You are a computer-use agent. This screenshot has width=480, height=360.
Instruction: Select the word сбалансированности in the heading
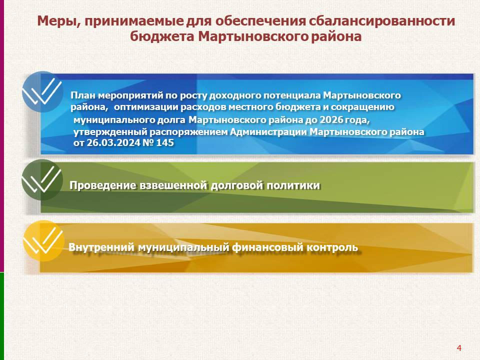point(381,21)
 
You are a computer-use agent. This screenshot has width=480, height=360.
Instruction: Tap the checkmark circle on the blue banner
point(42,91)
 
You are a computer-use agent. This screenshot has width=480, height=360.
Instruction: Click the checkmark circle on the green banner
point(42,179)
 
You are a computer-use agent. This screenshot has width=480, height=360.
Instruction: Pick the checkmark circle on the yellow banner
point(44,240)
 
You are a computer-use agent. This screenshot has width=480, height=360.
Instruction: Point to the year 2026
point(331,119)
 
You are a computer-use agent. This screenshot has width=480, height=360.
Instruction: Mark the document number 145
point(165,142)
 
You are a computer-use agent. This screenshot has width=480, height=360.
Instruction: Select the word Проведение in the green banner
point(103,185)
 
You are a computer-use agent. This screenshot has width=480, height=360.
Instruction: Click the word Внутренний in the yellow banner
point(101,247)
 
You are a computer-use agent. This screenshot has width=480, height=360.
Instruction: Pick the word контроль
point(332,247)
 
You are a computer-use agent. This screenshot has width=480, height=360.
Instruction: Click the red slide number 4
point(459,348)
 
